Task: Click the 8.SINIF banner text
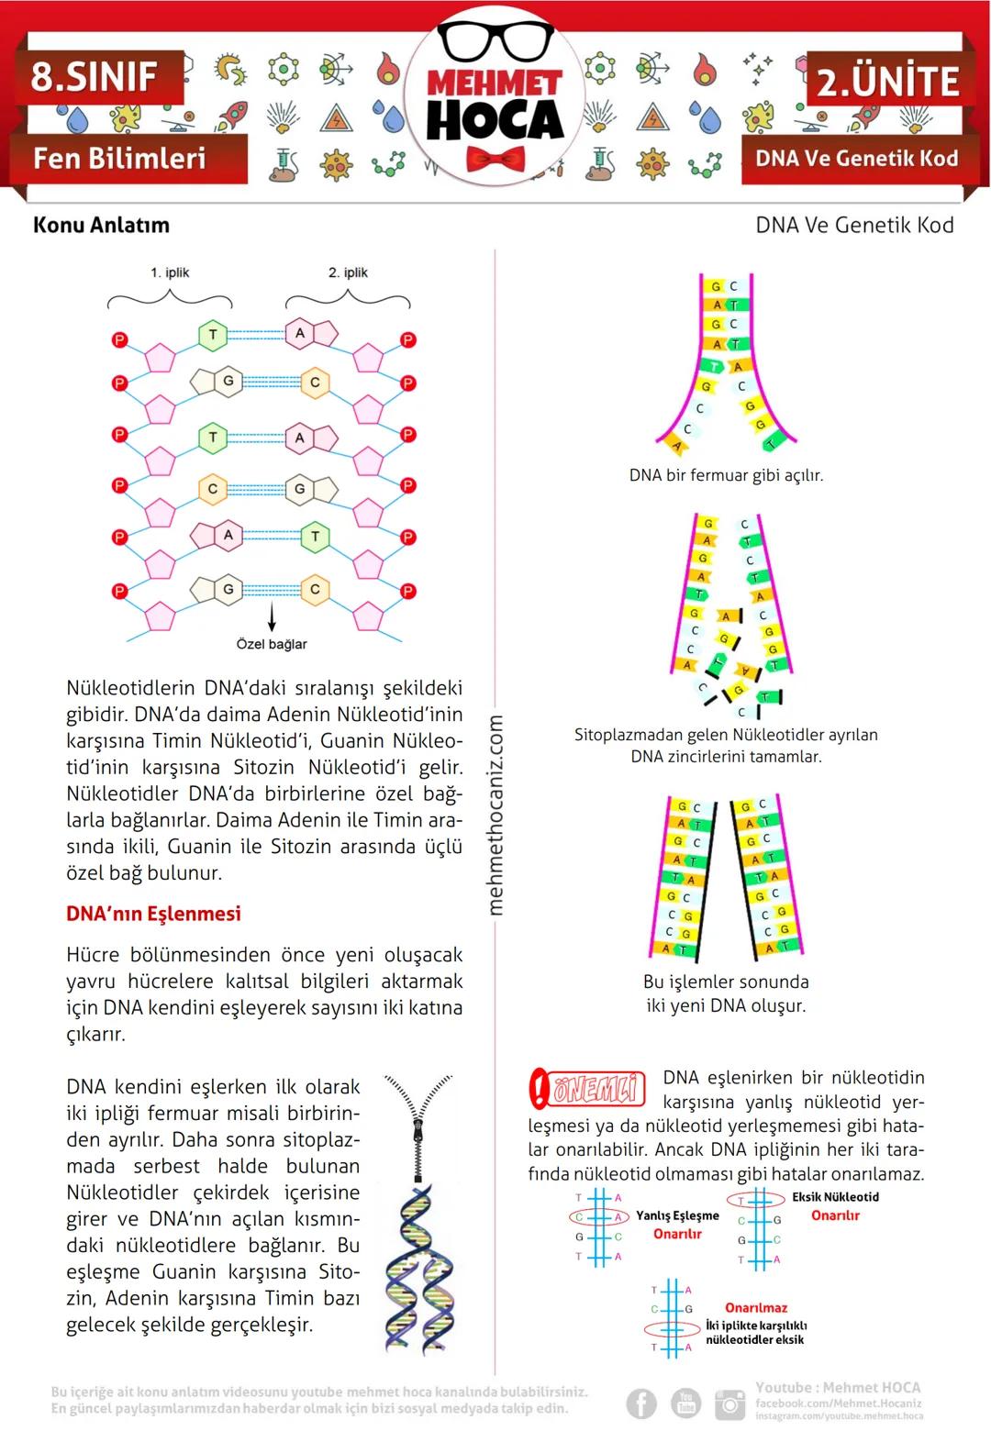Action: coord(94,77)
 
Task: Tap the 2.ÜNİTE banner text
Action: coord(887,83)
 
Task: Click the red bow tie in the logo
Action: coord(495,158)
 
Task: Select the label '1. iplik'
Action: coord(170,272)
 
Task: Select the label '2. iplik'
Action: coord(348,272)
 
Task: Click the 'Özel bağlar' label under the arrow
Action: coord(272,644)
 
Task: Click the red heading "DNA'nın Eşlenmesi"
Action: coord(153,914)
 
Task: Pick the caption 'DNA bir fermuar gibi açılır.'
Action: coord(726,475)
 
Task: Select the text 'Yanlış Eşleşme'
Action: coord(677,1215)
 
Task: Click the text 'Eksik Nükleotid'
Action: coord(835,1197)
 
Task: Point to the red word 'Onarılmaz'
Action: coord(756,1308)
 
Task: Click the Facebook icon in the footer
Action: coord(641,1403)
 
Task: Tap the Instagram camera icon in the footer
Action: coord(730,1403)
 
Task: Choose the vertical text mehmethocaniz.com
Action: coord(495,815)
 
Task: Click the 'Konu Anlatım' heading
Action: coord(101,225)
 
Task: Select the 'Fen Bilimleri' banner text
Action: coord(119,159)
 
